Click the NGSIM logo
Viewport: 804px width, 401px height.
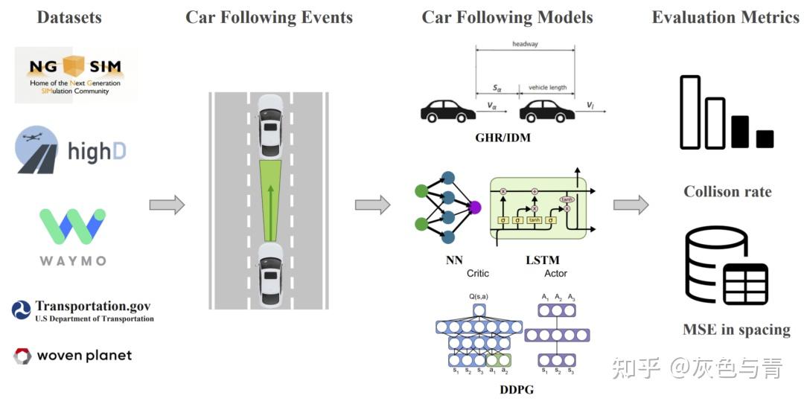coord(76,74)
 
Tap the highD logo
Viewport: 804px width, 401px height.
coord(71,152)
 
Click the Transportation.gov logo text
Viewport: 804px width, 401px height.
coord(83,310)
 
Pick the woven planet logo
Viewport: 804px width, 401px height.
coord(72,356)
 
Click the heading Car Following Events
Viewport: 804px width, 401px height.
coord(269,17)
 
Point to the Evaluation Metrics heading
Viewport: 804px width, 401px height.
coord(725,17)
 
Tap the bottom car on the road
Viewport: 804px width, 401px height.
coord(269,276)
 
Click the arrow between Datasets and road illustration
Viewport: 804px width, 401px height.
coord(167,205)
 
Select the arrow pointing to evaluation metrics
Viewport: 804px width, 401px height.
coord(631,205)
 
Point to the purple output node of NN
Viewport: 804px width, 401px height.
coord(476,207)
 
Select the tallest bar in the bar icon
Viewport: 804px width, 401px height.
coord(690,112)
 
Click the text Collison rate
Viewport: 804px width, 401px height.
coord(727,192)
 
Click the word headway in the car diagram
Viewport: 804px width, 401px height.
coord(525,44)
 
